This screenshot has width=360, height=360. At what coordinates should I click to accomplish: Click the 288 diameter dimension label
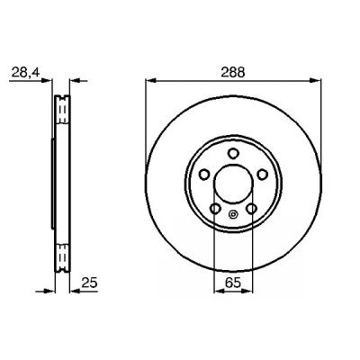233,73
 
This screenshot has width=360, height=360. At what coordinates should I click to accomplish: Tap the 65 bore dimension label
233,283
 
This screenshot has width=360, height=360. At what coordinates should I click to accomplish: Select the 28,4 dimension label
25,73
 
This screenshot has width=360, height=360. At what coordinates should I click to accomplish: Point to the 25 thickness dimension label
90,283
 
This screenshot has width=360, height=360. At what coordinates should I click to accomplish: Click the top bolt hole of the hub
233,154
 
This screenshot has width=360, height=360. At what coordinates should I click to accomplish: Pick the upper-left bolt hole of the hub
204,175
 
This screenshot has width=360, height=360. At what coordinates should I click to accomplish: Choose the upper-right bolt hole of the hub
262,175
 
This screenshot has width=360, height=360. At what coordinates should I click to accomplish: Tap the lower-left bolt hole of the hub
215,209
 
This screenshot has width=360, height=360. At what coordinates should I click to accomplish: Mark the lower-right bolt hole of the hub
251,209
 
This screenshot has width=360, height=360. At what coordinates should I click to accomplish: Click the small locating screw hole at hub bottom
233,214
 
